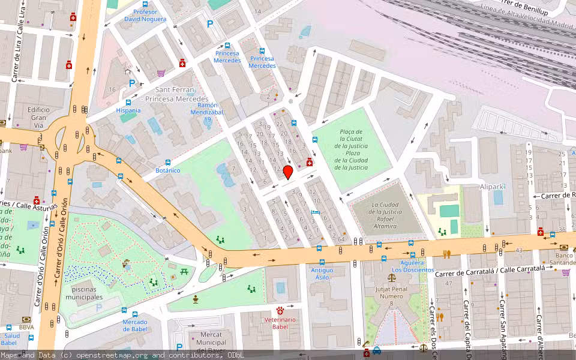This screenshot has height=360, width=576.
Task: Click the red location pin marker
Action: pos(287,173)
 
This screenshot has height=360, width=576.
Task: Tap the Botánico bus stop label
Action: pos(167,170)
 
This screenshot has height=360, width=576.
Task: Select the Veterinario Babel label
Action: pos(280,323)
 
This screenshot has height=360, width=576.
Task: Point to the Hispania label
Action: pos(128,110)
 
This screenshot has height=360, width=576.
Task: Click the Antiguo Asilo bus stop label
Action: pos(322,274)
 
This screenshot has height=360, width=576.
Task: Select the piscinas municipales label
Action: pos(84,293)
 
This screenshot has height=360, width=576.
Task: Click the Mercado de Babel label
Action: pos(135,326)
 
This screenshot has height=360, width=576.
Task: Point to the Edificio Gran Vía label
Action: pos(38,118)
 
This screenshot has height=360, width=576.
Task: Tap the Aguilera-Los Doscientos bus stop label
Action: pos(413,266)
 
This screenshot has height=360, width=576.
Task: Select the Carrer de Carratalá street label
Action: pos(490,271)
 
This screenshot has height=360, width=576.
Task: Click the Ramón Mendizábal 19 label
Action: pos(206,112)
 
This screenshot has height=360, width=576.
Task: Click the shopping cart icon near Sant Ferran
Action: pos(161,73)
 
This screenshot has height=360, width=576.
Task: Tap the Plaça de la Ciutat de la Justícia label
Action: pos(350,149)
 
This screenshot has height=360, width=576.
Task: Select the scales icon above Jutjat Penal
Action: pos(392,277)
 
